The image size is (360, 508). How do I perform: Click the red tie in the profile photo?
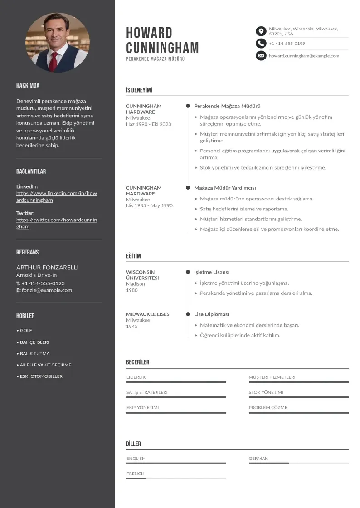click(54, 61)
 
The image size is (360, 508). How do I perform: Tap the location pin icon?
click(261, 31)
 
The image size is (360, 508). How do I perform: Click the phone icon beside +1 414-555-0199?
click(261, 44)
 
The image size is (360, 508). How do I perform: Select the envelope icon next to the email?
click(261, 56)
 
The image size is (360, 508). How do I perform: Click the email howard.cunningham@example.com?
click(304, 56)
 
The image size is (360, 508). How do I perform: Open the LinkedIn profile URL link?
click(57, 196)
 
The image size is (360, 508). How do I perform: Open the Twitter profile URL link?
click(57, 223)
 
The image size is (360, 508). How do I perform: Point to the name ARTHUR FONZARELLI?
click(47, 268)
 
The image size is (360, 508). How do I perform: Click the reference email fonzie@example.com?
click(47, 290)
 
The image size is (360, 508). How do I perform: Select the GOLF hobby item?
click(26, 331)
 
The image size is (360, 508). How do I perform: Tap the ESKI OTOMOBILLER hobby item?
click(41, 376)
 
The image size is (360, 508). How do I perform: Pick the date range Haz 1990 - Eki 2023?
click(149, 124)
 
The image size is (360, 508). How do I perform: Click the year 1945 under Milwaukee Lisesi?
click(132, 327)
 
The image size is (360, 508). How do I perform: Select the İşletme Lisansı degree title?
click(211, 272)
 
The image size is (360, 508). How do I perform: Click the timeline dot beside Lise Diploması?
click(188, 314)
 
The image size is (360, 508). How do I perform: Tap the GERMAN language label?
click(258, 459)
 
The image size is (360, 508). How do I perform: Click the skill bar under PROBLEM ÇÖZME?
click(298, 413)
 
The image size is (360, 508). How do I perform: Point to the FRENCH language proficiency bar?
click(176, 479)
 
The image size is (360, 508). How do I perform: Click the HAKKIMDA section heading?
click(28, 86)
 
